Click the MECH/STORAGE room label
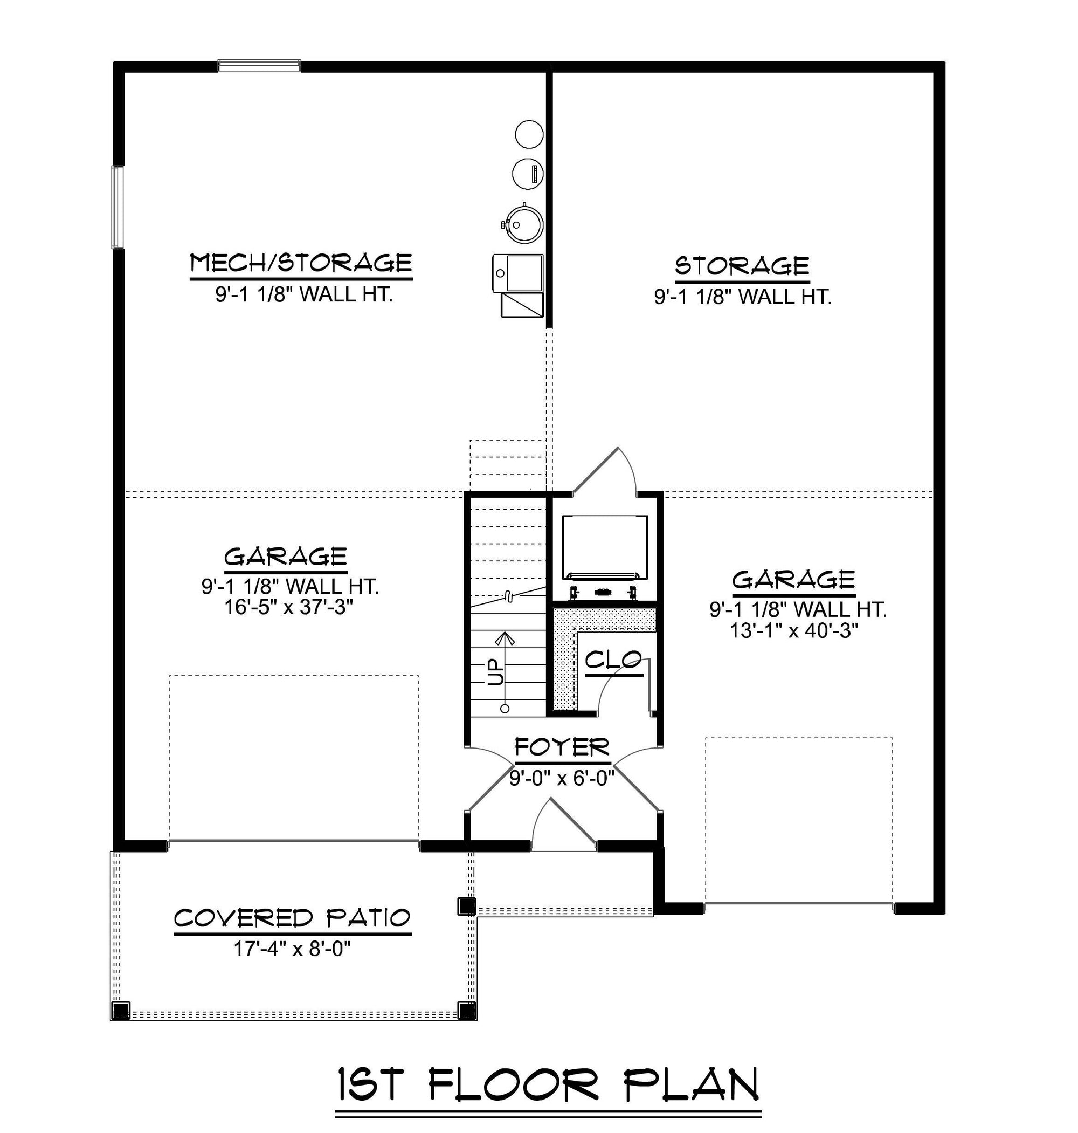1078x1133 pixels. [x=301, y=263]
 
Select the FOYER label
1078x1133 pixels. [x=562, y=747]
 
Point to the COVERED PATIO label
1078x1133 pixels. [x=293, y=918]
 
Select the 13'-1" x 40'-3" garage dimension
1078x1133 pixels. [x=794, y=630]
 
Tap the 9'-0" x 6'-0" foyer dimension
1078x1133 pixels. [x=562, y=778]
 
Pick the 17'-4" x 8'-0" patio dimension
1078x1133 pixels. [x=292, y=949]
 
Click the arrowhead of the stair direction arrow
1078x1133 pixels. [x=505, y=638]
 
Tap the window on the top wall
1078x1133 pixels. [x=259, y=66]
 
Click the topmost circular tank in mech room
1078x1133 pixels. [x=529, y=134]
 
